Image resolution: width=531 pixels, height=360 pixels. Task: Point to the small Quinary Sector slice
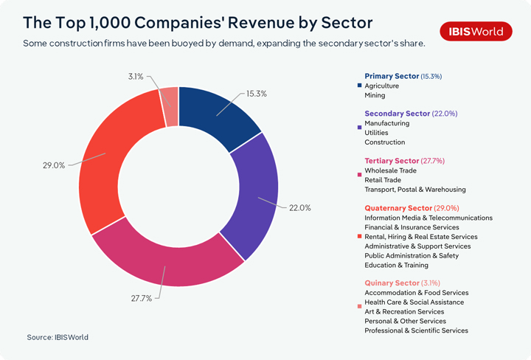coord(170,97)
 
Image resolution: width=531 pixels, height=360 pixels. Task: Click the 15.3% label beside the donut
coord(256,94)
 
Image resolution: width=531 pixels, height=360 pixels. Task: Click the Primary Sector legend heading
coord(392,76)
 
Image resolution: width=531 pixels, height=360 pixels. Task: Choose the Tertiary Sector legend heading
coord(392,161)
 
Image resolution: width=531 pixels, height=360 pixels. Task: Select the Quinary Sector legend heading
coord(392,283)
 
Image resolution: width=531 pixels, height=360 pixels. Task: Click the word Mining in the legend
coord(375,95)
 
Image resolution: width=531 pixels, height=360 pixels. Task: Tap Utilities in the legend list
coord(377,133)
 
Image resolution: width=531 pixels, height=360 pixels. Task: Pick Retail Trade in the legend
coord(383,180)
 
